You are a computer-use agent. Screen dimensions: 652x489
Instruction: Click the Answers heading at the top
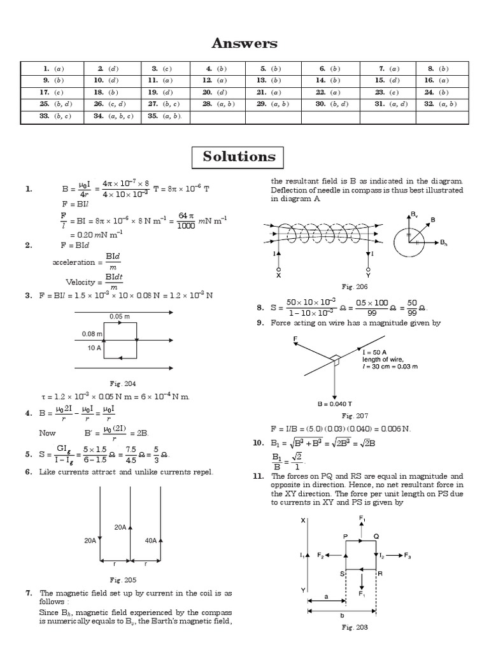[x=244, y=43]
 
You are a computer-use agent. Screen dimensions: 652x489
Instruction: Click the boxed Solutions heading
[x=239, y=157]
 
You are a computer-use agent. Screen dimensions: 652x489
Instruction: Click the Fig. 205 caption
[x=122, y=579]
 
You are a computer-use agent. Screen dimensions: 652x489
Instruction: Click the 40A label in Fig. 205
[x=151, y=541]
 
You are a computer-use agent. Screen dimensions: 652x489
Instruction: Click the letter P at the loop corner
[x=345, y=537]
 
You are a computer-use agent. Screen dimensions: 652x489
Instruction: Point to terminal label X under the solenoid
[x=278, y=276]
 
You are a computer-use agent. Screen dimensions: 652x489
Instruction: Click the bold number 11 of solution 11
[x=257, y=476]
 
